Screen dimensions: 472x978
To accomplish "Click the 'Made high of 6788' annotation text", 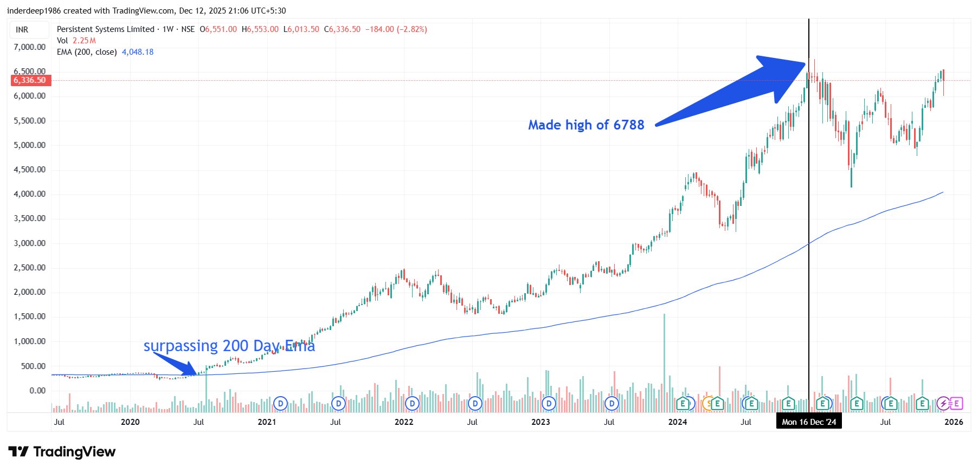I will click(x=586, y=125).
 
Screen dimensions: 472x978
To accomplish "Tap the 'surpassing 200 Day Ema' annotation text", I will click(x=229, y=346).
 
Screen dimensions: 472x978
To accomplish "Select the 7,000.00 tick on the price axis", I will click(x=29, y=47).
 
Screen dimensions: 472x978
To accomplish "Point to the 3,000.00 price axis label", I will click(x=29, y=243).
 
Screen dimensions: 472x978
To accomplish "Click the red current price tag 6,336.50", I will click(x=30, y=80).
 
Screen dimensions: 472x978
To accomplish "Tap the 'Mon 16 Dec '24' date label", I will click(x=809, y=422).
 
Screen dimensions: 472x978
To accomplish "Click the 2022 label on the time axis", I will click(x=404, y=422).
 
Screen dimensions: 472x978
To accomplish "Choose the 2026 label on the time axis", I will click(x=954, y=422).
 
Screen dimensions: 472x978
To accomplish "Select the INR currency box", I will click(x=22, y=30).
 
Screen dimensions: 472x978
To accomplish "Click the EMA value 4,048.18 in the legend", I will click(x=138, y=52).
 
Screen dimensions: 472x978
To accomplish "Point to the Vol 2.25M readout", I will click(x=76, y=41).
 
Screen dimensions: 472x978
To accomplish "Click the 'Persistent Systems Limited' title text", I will click(x=105, y=29).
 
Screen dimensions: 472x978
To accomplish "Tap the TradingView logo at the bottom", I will click(x=62, y=451).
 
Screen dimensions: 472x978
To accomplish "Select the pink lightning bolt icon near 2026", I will click(x=944, y=403).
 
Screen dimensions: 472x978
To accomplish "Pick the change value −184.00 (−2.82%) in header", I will click(x=396, y=29).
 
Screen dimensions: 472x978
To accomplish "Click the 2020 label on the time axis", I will click(x=130, y=422).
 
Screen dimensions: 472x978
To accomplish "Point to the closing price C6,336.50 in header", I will click(x=342, y=29).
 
